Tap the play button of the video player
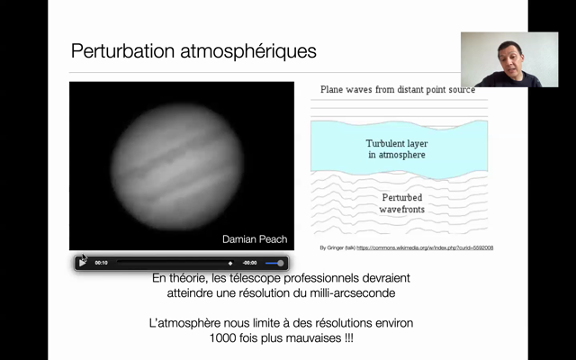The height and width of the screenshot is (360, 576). coord(83,262)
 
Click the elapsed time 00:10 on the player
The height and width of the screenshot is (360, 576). coord(102,263)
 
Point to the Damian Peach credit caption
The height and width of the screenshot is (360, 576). coord(255,238)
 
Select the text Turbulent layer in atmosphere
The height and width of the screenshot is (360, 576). coord(396,148)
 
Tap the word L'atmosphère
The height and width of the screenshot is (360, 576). coord(187,322)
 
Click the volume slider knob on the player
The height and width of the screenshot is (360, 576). coord(280,263)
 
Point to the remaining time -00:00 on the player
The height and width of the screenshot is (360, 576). coord(249,263)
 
